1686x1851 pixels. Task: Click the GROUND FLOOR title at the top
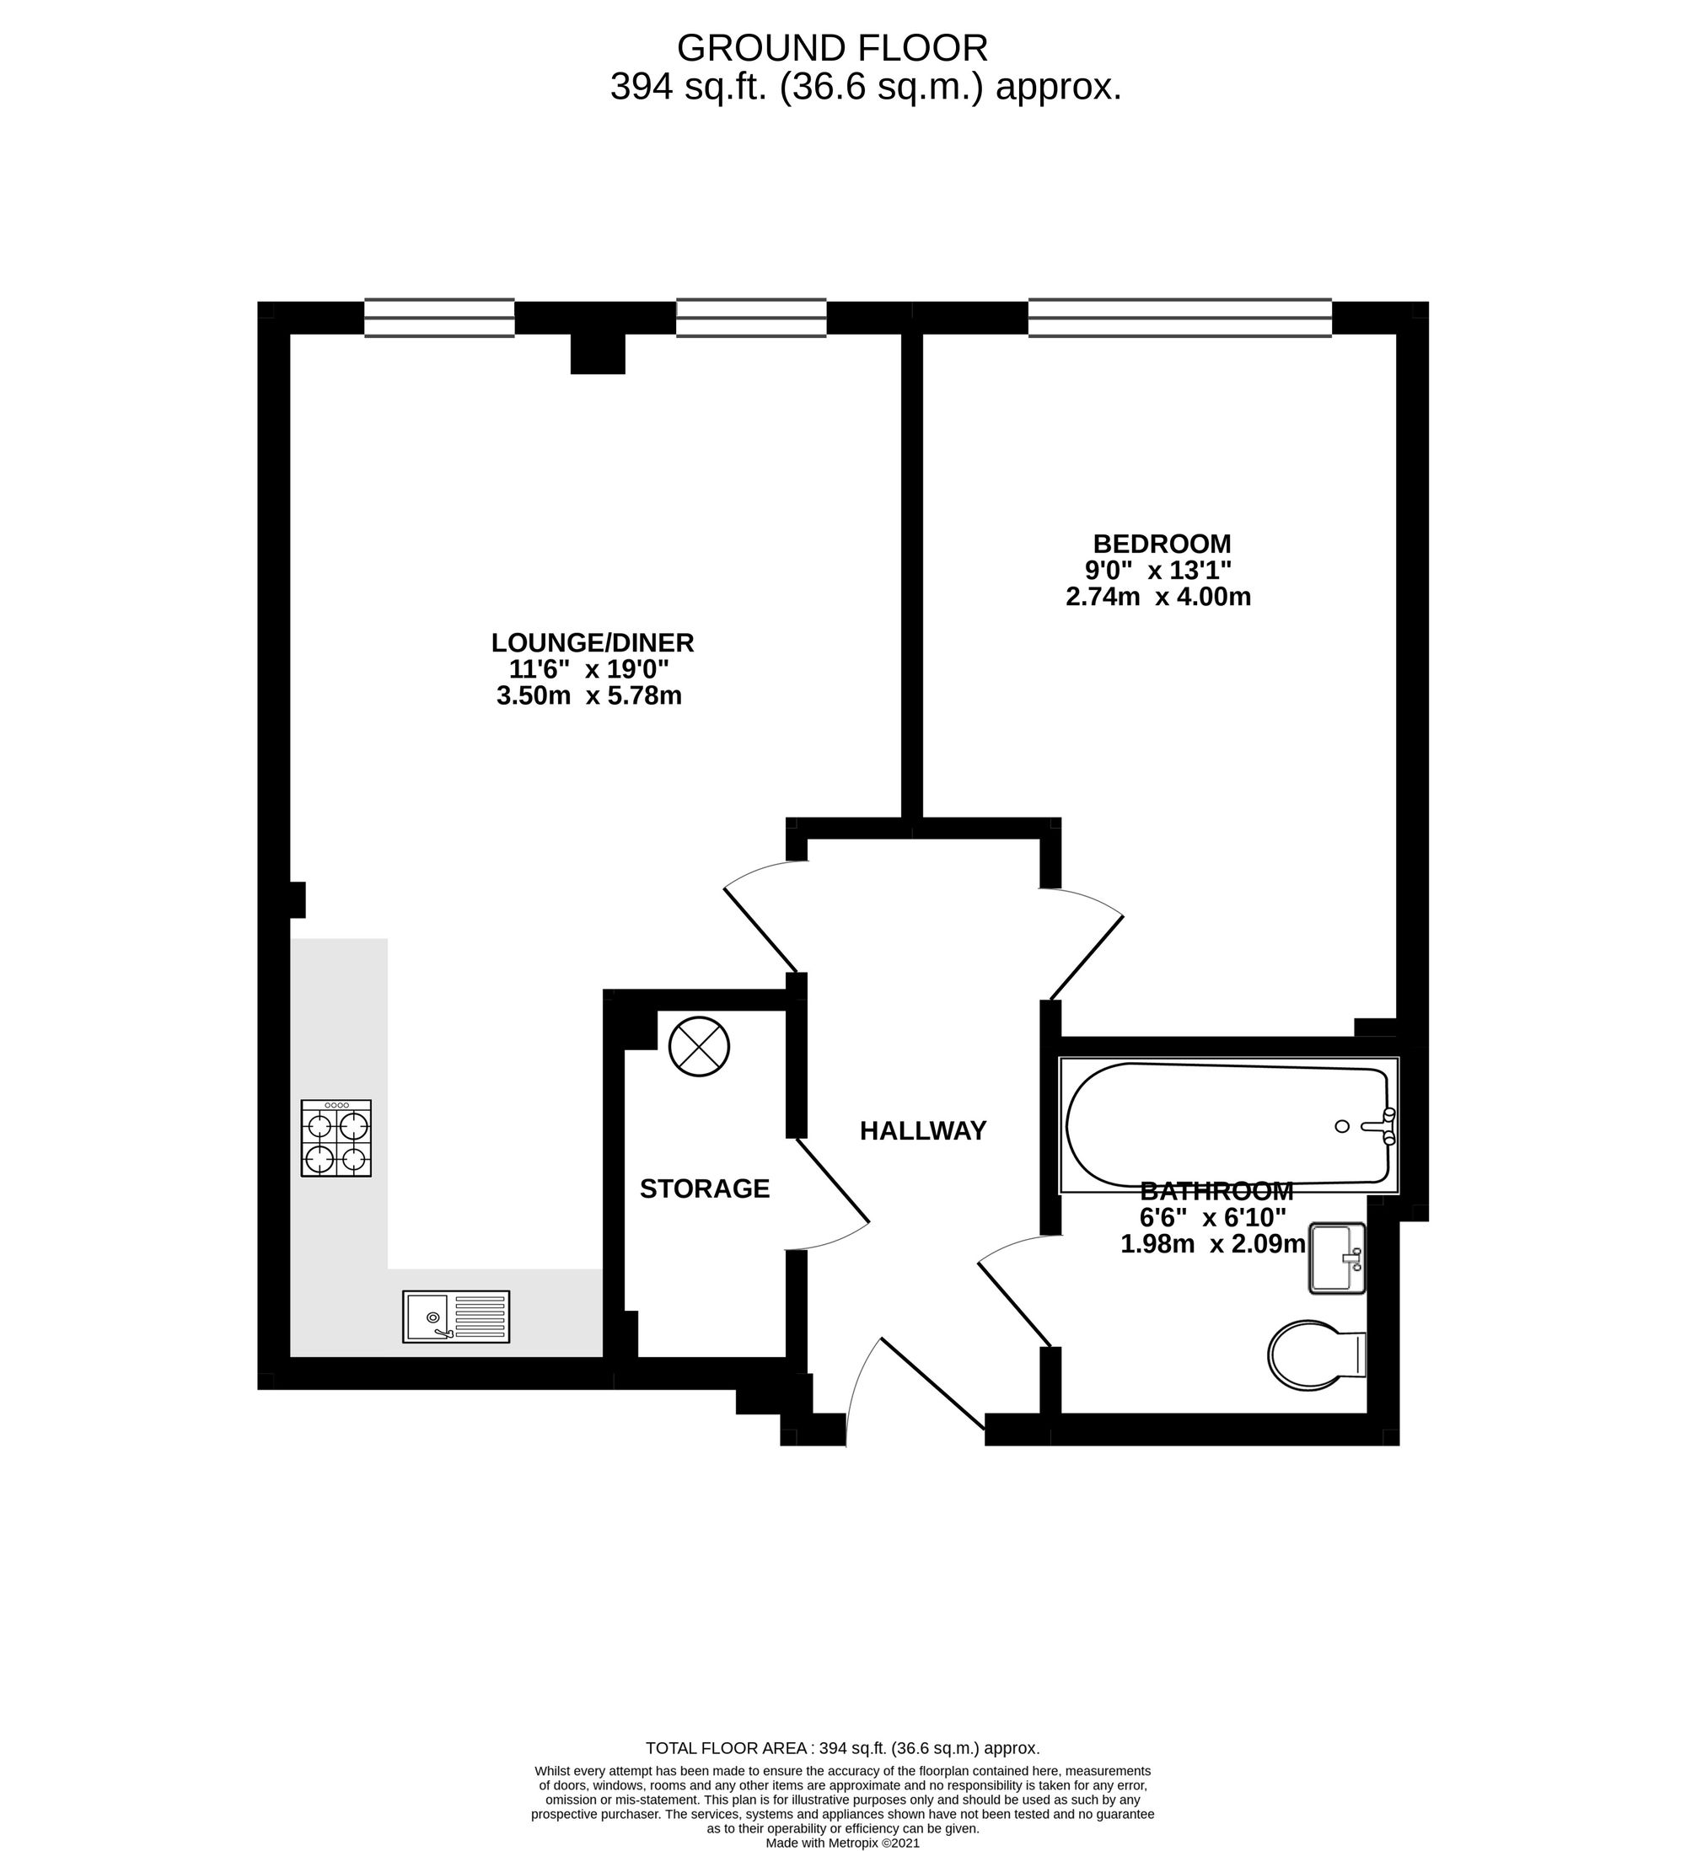(x=832, y=48)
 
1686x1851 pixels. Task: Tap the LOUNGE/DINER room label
(x=593, y=642)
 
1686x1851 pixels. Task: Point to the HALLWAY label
(x=923, y=1131)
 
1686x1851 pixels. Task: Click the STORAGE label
(x=705, y=1189)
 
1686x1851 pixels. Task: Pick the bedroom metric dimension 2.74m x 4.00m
(x=1158, y=597)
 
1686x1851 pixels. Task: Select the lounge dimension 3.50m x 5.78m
(x=588, y=696)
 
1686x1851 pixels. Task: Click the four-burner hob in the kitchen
(x=336, y=1139)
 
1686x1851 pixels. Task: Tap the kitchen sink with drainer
(x=455, y=1317)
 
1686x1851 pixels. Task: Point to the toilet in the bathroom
(x=1315, y=1355)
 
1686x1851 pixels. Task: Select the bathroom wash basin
(x=1336, y=1258)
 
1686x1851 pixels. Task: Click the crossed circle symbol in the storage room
(x=699, y=1046)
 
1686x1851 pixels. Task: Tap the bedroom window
(x=1179, y=318)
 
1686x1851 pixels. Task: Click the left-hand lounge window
(x=439, y=318)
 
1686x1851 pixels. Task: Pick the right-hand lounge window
(x=751, y=318)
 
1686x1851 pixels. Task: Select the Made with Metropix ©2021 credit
(x=842, y=1842)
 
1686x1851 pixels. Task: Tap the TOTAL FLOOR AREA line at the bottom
(x=842, y=1748)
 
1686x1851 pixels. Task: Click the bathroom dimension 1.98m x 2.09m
(x=1212, y=1244)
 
